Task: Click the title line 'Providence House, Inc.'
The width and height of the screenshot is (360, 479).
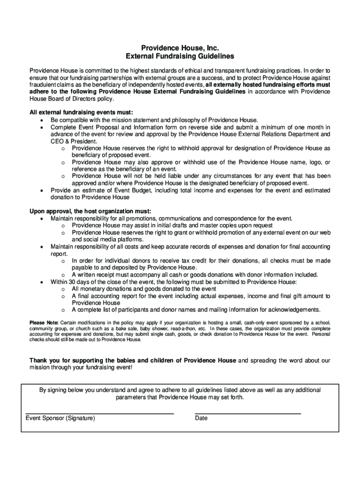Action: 180,48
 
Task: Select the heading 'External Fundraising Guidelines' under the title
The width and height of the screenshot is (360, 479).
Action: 180,57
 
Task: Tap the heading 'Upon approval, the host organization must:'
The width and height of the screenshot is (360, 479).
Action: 90,211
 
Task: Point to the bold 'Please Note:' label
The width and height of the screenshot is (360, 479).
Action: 44,323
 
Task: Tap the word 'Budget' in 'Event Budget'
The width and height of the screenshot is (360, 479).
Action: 139,190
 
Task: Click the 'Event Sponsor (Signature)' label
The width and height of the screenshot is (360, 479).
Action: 60,418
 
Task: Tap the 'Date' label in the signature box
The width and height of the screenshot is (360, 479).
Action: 202,418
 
